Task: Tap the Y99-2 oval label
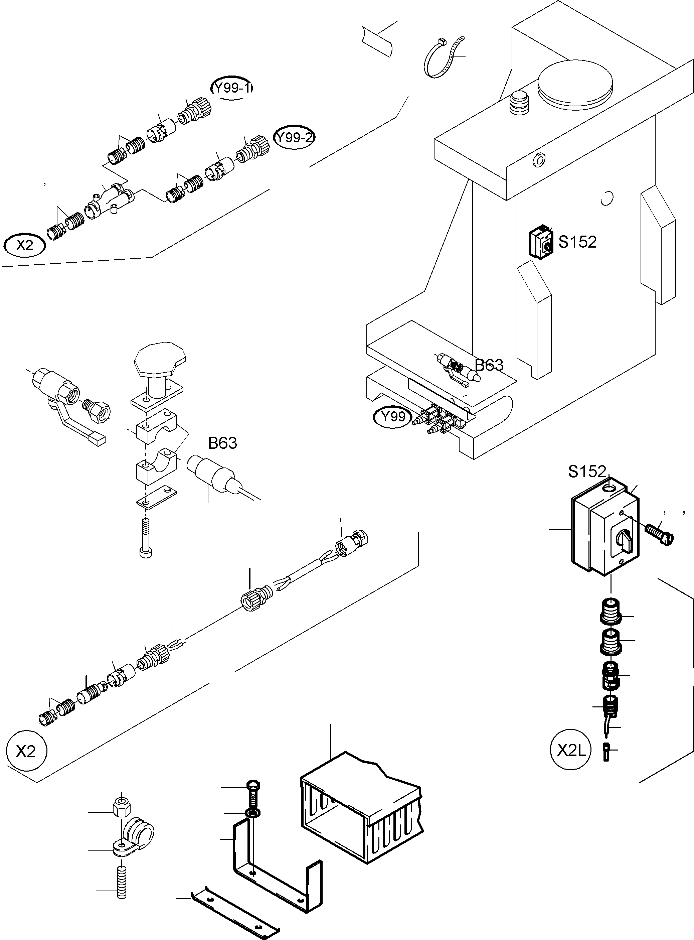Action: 294,138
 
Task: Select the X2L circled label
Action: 570,751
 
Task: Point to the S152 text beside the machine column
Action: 577,242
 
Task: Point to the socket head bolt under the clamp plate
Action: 145,539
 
